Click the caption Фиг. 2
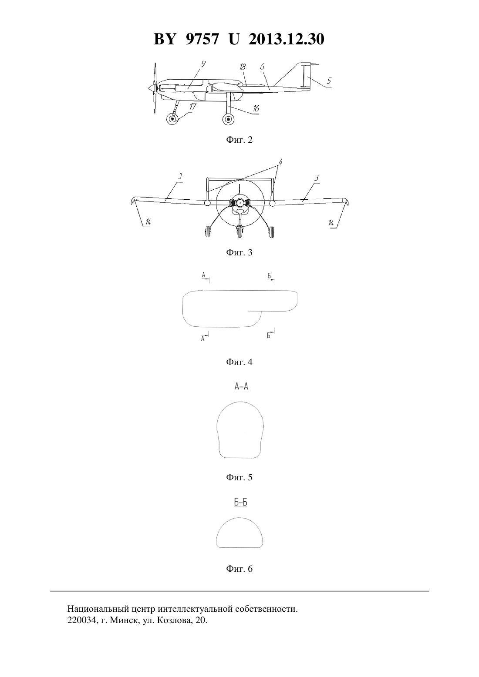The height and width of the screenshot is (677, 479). (x=239, y=140)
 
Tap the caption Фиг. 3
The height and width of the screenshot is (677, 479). (x=239, y=252)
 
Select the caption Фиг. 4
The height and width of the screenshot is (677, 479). (x=239, y=362)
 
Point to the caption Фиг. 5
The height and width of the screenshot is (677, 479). (x=239, y=477)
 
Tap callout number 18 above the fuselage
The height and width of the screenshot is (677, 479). (x=243, y=67)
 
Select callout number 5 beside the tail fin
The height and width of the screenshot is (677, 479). (x=329, y=80)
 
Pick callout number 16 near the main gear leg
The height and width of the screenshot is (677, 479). (x=256, y=108)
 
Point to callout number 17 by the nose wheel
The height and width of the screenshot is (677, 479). (x=192, y=107)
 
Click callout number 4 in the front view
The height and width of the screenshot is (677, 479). (x=280, y=162)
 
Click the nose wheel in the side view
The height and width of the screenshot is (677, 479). (x=172, y=119)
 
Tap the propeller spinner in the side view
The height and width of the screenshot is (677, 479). (x=152, y=88)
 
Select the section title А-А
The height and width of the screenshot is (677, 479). (x=242, y=386)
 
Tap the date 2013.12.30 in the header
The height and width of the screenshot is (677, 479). (x=287, y=39)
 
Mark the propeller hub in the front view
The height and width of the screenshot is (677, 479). (x=240, y=203)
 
